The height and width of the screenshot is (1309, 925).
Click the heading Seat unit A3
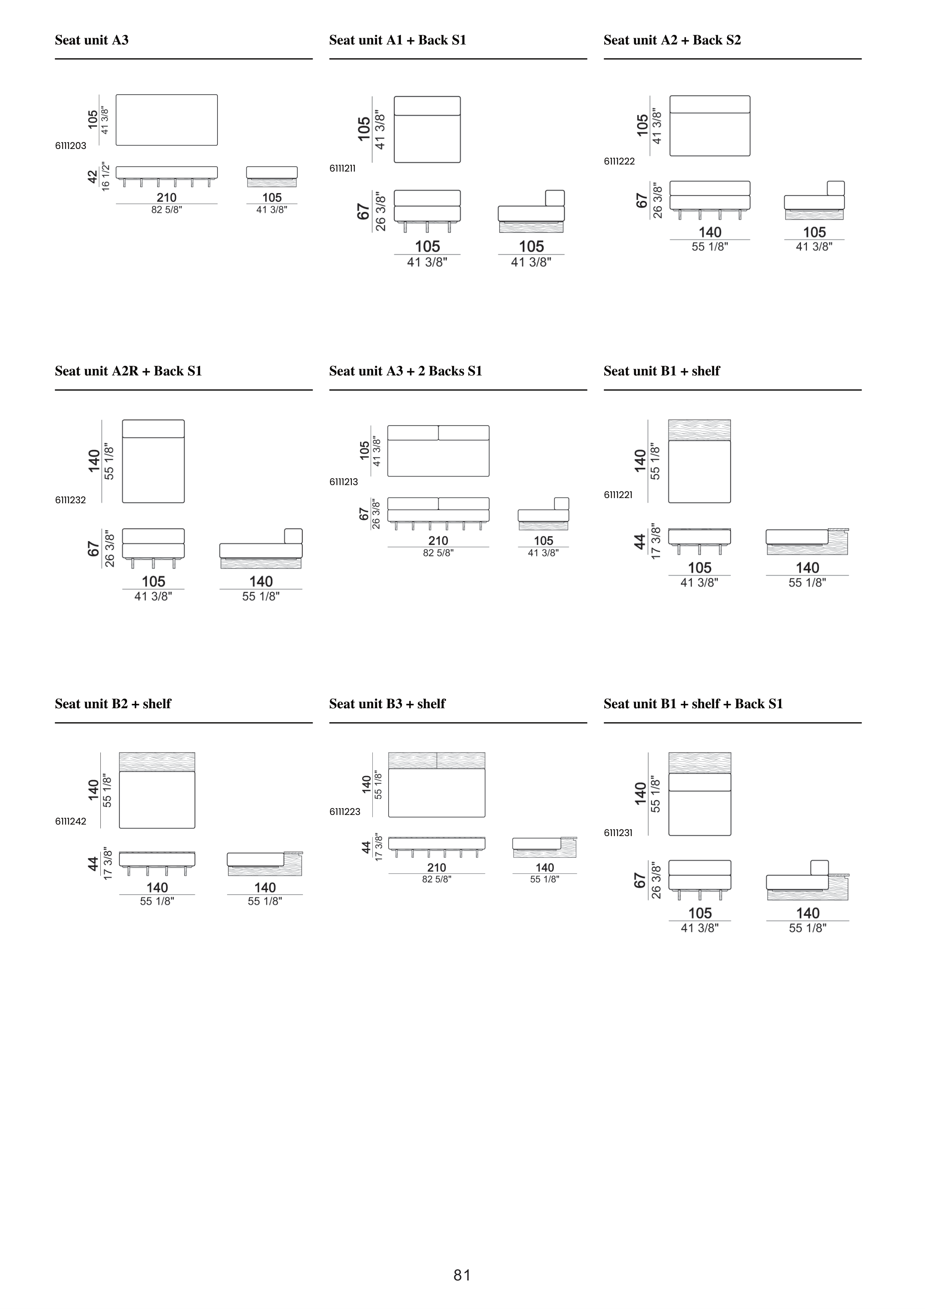click(92, 40)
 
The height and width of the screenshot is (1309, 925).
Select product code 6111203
click(71, 146)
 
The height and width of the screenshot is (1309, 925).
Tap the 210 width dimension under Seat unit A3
click(166, 197)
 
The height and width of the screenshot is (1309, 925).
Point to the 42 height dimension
click(92, 177)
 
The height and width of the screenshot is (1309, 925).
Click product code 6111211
click(343, 168)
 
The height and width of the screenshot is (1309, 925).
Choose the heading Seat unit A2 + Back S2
click(672, 40)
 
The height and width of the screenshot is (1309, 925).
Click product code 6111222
click(619, 161)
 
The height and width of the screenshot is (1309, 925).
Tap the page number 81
click(462, 1275)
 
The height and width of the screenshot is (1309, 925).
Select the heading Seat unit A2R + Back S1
click(128, 371)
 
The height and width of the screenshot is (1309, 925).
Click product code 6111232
click(71, 500)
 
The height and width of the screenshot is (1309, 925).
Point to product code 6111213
click(344, 482)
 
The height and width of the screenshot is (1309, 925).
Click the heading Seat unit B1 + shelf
click(662, 371)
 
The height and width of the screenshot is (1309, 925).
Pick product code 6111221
click(618, 495)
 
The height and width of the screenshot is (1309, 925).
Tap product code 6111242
click(71, 822)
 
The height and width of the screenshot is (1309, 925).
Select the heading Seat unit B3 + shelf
click(387, 704)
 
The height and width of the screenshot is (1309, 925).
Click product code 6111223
click(345, 812)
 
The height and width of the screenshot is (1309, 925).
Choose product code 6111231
click(618, 833)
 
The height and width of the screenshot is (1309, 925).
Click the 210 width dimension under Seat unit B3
click(436, 867)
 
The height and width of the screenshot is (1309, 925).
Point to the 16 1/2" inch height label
click(106, 177)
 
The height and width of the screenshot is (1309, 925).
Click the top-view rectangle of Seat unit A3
click(166, 120)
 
